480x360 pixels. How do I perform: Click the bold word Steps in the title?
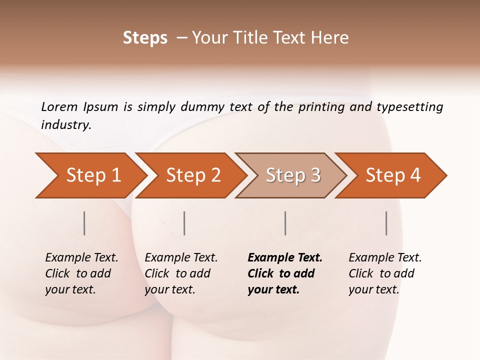click(x=145, y=38)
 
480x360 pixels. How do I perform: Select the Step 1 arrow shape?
click(x=90, y=175)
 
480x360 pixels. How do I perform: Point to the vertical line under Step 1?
click(x=84, y=223)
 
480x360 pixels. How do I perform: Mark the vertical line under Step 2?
click(x=184, y=223)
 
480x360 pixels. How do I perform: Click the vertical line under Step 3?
click(x=285, y=223)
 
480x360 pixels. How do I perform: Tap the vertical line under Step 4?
click(x=386, y=223)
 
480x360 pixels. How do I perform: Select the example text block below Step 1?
click(x=81, y=273)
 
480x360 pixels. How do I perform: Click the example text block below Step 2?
click(x=181, y=273)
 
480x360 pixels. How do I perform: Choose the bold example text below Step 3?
click(x=285, y=273)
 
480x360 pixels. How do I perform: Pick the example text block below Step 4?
click(x=385, y=273)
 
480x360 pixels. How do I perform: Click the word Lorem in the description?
click(x=59, y=106)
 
